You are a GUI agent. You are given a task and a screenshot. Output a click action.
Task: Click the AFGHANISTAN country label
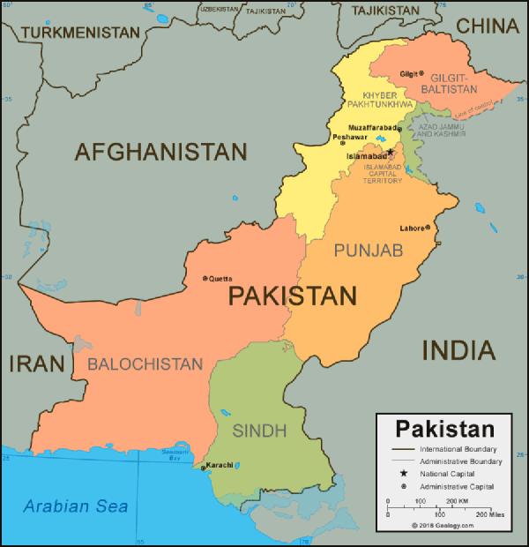[x=160, y=152]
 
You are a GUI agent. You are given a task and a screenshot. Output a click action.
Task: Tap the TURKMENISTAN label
[x=81, y=33]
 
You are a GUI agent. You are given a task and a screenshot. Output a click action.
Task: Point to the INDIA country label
[x=458, y=350]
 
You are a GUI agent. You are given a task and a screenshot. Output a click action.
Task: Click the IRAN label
[x=36, y=363]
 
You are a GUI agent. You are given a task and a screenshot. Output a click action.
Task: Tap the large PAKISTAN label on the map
[x=292, y=296]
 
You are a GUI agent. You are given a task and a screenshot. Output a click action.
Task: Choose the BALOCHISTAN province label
[x=145, y=363]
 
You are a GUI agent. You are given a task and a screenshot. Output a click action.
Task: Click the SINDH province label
[x=259, y=431]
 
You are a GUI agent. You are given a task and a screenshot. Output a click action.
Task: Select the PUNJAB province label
[x=369, y=251]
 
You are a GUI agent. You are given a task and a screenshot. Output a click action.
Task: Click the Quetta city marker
[x=205, y=278]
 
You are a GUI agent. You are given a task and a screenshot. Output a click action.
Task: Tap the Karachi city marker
[x=205, y=467]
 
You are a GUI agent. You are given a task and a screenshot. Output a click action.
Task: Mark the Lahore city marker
[x=428, y=227]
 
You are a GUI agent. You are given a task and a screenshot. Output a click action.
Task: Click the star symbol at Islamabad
[x=391, y=152]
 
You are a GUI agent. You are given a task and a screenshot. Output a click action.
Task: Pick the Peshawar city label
[x=351, y=137]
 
